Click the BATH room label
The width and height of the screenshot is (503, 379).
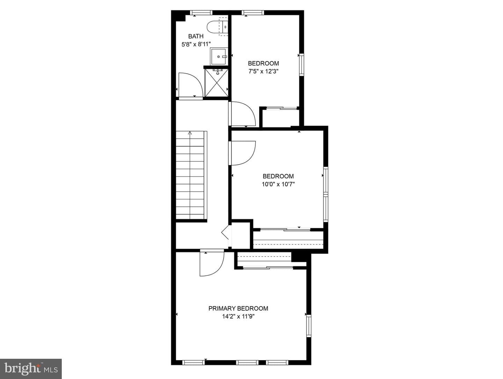[x=196, y=36]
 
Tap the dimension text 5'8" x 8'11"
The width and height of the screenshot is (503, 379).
[x=196, y=44]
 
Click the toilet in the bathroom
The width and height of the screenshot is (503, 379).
[x=217, y=27]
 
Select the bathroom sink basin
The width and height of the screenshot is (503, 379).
[x=219, y=56]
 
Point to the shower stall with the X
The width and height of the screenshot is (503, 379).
[x=216, y=83]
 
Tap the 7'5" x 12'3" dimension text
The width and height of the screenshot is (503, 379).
[x=263, y=72]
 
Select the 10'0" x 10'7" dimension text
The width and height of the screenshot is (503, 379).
[x=278, y=184]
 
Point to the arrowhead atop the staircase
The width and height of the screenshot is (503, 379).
[x=190, y=133]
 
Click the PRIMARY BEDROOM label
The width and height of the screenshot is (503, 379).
[x=238, y=308]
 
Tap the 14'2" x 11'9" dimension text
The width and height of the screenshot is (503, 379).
[x=238, y=317]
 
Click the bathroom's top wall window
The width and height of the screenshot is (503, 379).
[x=202, y=13]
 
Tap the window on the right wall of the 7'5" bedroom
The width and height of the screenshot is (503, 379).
[x=301, y=65]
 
